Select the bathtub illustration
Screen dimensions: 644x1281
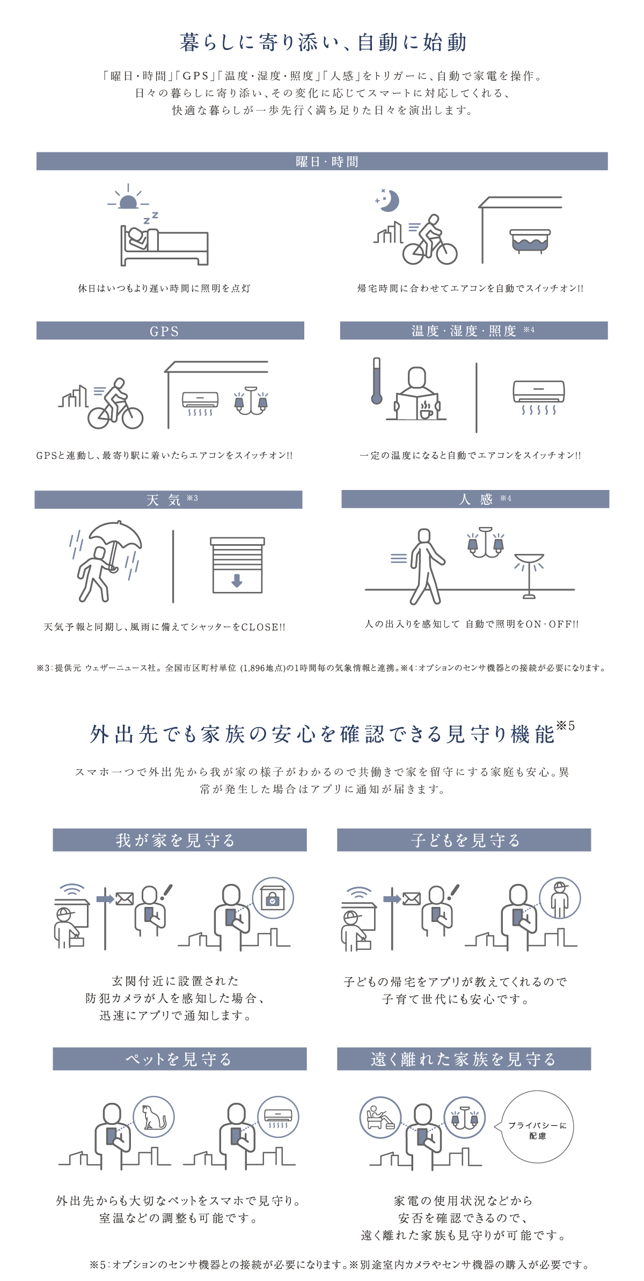coord(530,240)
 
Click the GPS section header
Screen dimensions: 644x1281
coord(170,331)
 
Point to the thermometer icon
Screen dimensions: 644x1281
coord(377,381)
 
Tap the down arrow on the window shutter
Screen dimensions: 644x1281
coord(237,580)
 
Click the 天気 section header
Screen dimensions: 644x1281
coord(169,500)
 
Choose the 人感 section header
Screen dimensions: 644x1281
coord(475,499)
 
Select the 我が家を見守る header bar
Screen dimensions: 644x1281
coord(180,840)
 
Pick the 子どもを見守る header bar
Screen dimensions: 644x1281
coord(464,840)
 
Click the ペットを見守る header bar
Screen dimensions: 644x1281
coord(180,1059)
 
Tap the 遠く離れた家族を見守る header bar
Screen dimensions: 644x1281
coord(464,1059)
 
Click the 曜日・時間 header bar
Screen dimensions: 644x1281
coord(322,161)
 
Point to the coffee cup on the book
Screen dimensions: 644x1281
coord(426,411)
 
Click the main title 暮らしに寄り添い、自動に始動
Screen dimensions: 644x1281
coord(323,42)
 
